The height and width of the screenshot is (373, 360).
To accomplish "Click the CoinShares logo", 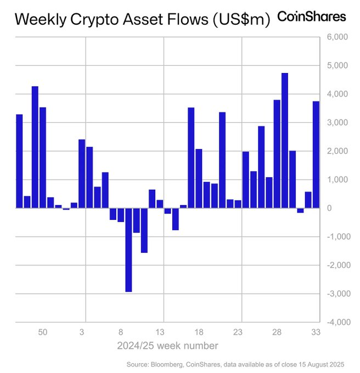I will tap(312, 16).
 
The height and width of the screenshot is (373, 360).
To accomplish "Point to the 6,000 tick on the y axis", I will tap(337, 37).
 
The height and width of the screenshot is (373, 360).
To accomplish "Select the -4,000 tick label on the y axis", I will tap(336, 323).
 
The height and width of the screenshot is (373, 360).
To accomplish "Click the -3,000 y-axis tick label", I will tap(336, 294).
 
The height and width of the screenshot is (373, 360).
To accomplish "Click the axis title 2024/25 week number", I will tap(167, 346).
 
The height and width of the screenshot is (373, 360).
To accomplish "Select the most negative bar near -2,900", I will tap(128, 250).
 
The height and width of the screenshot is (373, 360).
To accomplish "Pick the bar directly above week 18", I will tap(199, 178).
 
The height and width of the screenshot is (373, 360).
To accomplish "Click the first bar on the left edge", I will tap(19, 161).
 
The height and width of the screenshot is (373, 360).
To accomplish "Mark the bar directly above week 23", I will tap(238, 204).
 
